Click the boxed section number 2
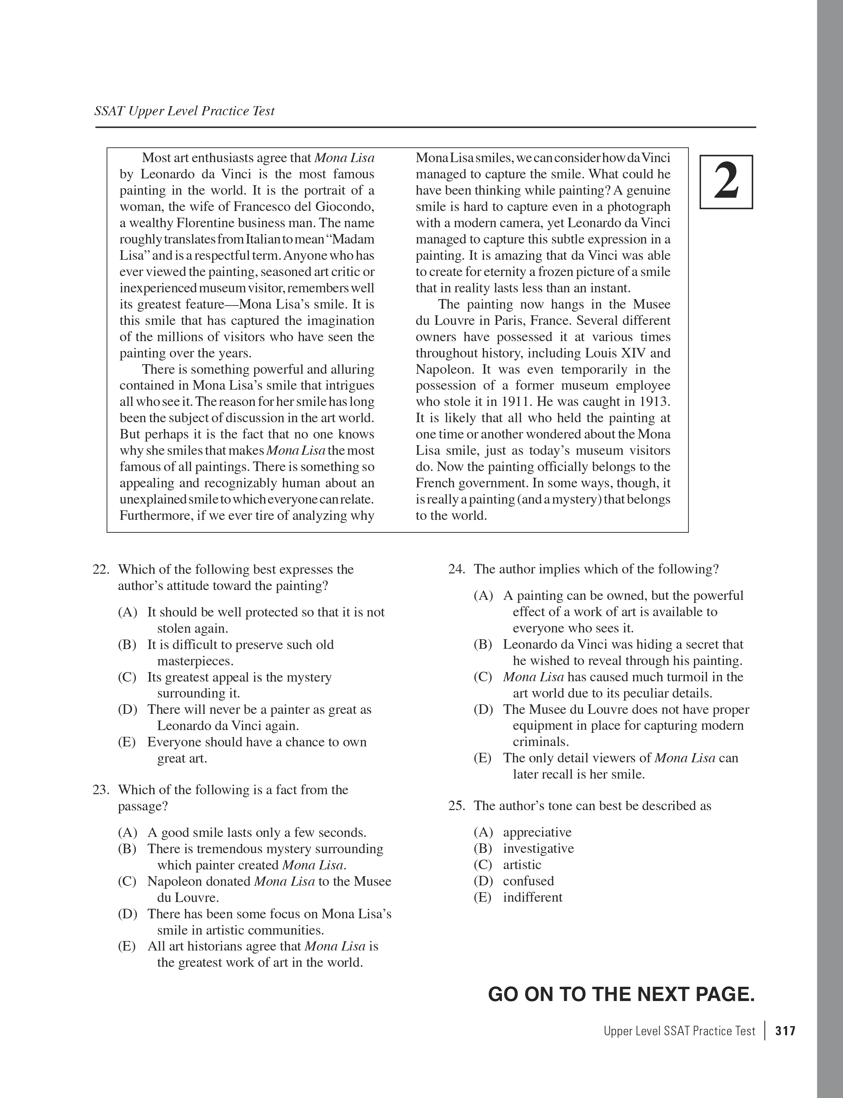(x=726, y=182)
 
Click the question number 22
(x=101, y=569)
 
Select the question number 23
(x=101, y=790)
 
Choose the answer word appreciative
(x=537, y=832)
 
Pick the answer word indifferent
(x=532, y=897)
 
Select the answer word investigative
(x=538, y=848)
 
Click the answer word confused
(x=528, y=881)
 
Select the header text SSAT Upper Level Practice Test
(x=184, y=111)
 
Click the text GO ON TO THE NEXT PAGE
(x=621, y=995)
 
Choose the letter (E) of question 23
(x=127, y=946)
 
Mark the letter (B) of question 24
(x=483, y=645)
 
